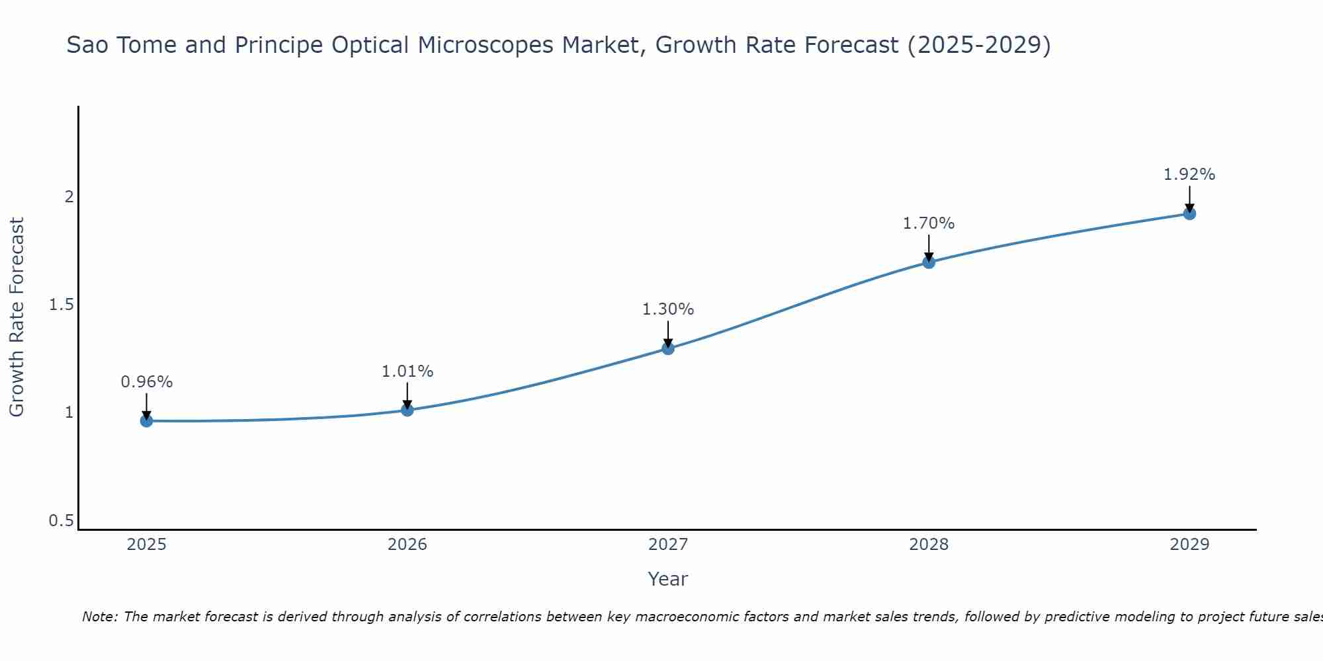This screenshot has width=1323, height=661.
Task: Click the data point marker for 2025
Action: [146, 421]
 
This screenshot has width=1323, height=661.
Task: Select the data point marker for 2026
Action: [407, 410]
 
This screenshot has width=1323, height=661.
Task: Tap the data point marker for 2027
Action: [668, 348]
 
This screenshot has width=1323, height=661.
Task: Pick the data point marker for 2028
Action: [929, 262]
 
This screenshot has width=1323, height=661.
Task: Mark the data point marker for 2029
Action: [1189, 214]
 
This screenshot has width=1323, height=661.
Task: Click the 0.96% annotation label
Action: [146, 382]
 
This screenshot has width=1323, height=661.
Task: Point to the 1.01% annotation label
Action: [407, 371]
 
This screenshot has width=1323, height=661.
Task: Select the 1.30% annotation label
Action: [668, 309]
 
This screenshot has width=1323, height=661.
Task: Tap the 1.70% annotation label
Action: [929, 223]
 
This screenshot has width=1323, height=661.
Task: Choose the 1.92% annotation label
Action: [1189, 175]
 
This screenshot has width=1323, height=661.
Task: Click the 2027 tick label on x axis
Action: [668, 545]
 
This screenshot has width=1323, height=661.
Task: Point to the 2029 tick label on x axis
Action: [1189, 545]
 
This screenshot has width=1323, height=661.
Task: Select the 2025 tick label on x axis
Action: [146, 545]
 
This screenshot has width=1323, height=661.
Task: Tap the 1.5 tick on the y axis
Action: [61, 305]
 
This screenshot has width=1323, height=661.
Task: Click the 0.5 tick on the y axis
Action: [61, 521]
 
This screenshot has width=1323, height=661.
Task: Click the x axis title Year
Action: [668, 579]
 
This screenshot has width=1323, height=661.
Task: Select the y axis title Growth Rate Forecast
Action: [17, 317]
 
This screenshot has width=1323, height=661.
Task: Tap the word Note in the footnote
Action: [99, 617]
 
